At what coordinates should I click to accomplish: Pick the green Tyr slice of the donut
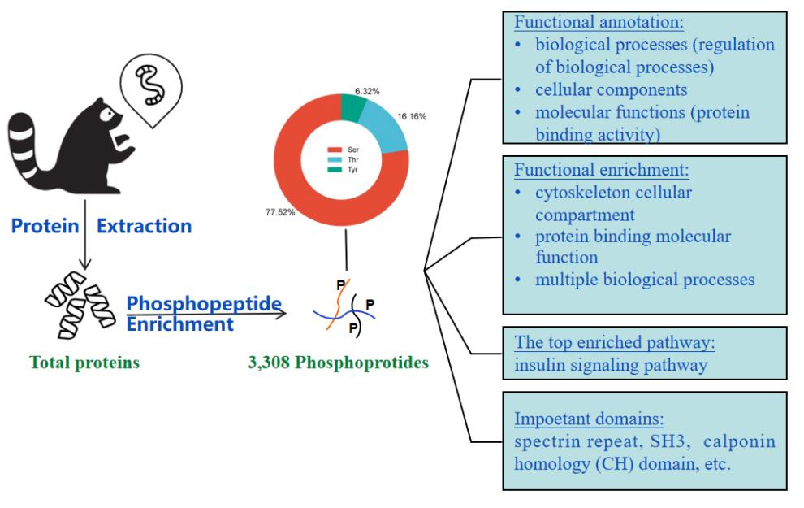tap(354, 106)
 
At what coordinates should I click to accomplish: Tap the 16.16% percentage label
tap(412, 116)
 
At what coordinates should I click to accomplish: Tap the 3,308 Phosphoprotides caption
tap(338, 363)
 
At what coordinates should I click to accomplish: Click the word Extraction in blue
tap(145, 226)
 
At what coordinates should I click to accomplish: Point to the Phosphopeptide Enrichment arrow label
tap(204, 314)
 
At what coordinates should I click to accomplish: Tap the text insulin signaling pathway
tap(610, 365)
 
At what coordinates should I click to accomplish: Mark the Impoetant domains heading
tap(590, 420)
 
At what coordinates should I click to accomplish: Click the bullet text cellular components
tap(612, 89)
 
